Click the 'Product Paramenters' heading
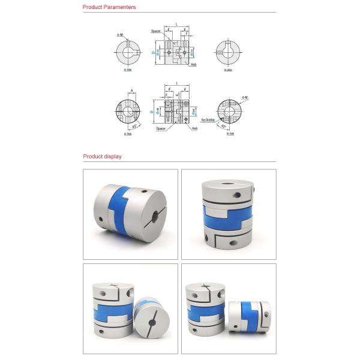pyautogui.click(x=109, y=7)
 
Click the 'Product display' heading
pyautogui.click(x=102, y=157)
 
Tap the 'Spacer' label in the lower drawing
pyautogui.click(x=161, y=128)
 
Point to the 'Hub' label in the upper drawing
pyautogui.click(x=194, y=65)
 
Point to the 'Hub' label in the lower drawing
pyautogui.click(x=195, y=128)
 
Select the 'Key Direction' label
pyautogui.click(x=208, y=120)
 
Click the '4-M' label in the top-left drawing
pyautogui.click(x=121, y=35)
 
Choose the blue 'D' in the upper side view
pyautogui.click(x=153, y=52)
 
